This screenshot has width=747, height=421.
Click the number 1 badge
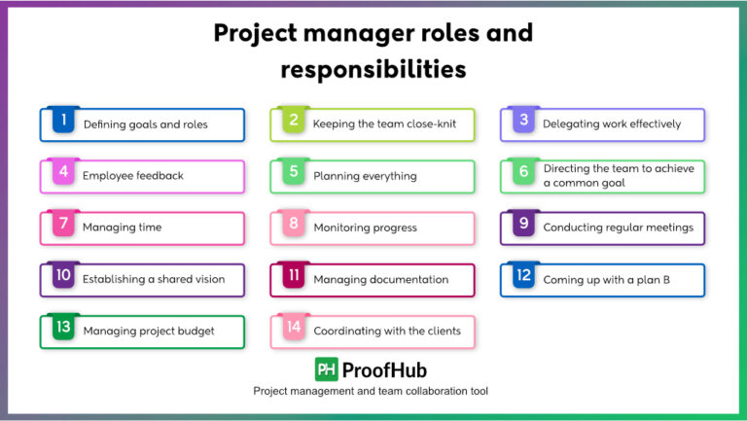click(63, 121)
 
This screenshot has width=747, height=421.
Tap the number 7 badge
click(63, 224)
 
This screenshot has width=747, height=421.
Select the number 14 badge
click(294, 327)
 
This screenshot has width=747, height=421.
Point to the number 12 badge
click(523, 275)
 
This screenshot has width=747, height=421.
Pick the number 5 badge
click(294, 172)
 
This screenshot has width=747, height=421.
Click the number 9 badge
click(523, 224)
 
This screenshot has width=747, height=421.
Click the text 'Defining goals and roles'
click(145, 124)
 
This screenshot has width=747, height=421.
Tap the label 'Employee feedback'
click(132, 176)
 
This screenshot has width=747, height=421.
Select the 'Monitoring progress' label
click(365, 228)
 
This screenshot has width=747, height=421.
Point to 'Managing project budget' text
click(149, 331)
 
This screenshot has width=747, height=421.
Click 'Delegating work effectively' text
click(612, 124)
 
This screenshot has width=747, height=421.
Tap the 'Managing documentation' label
click(380, 279)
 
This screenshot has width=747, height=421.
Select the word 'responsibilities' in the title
click(373, 70)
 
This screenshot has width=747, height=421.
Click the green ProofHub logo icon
click(326, 369)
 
